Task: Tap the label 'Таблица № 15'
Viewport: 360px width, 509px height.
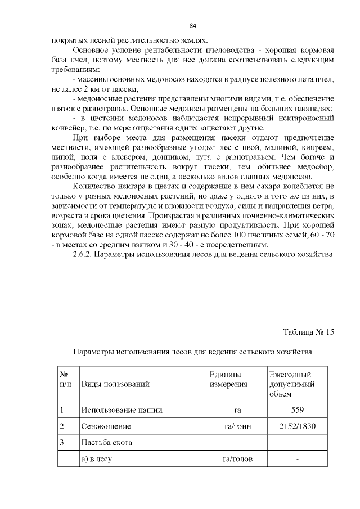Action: [308, 332]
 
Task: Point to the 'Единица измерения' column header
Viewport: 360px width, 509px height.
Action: [228, 380]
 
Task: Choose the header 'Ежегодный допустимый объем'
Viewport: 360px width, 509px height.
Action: [291, 385]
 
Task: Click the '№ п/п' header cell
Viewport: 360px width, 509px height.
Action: [65, 380]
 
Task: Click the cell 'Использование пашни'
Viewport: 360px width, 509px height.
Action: [121, 410]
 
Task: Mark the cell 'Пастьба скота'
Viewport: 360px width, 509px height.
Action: [107, 443]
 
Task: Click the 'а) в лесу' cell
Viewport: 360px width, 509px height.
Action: [97, 460]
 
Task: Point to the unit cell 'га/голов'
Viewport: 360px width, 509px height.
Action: [237, 460]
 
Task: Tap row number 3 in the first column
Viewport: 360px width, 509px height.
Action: [61, 443]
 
